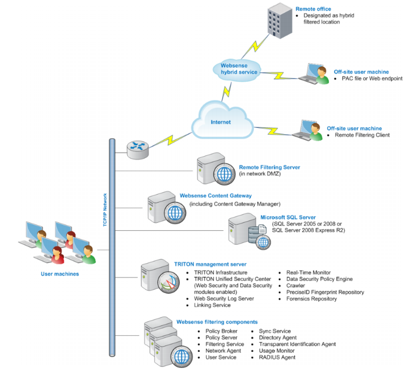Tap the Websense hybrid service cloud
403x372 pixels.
[239, 68]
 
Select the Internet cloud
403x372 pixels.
[220, 122]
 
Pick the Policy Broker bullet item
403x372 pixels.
[221, 332]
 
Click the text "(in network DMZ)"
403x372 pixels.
[260, 174]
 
